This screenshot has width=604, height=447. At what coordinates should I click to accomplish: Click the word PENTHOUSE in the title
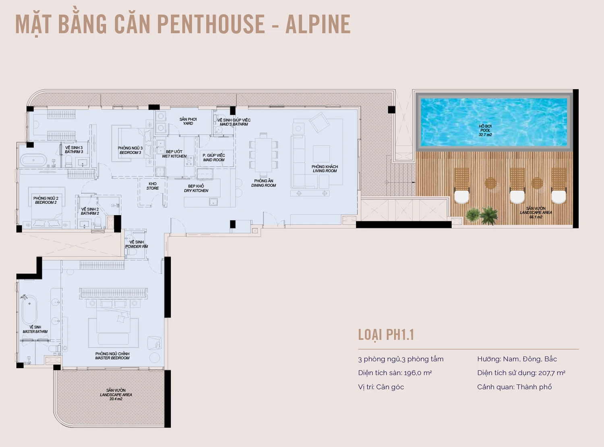(211, 24)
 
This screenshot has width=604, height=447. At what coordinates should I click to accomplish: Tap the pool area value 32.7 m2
(485, 135)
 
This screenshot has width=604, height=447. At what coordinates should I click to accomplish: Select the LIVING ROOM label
(325, 171)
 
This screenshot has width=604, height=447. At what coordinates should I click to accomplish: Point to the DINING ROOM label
(263, 185)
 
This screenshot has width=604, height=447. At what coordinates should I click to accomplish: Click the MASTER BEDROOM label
(112, 358)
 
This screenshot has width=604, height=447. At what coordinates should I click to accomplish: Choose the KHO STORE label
(153, 186)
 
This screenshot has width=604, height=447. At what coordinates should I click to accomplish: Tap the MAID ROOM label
(214, 160)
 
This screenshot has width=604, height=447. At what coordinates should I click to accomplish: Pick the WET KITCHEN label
(174, 156)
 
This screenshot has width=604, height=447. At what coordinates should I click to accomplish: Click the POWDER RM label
(137, 246)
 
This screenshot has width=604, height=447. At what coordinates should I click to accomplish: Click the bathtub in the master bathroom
(29, 310)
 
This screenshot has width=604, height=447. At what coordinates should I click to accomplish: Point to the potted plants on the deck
(482, 215)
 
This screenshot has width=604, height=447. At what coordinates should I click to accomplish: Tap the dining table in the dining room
(263, 155)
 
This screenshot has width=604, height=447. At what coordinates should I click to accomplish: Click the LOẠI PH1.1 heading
(386, 335)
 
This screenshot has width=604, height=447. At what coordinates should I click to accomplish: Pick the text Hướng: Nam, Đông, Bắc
(517, 359)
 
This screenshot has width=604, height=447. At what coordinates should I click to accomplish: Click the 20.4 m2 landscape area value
(116, 399)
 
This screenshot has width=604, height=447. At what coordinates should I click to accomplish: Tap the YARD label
(188, 123)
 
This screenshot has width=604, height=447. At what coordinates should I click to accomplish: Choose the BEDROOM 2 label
(46, 203)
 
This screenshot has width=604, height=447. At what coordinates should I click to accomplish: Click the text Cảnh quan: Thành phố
(515, 387)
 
